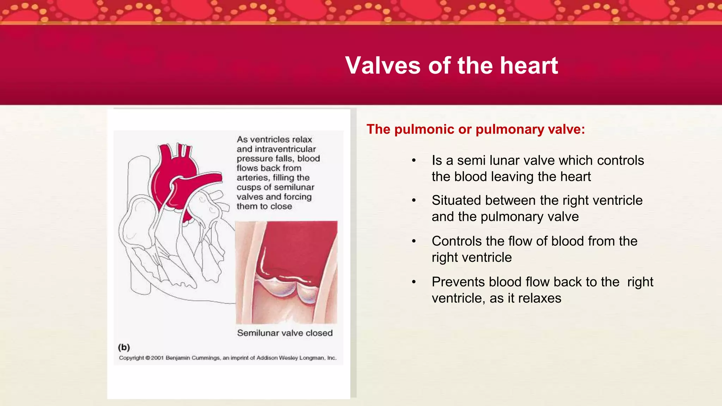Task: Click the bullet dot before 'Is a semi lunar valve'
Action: point(414,161)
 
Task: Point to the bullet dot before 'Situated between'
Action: point(414,201)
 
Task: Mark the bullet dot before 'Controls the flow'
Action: point(414,241)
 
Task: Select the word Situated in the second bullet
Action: point(457,200)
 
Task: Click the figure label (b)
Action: point(124,347)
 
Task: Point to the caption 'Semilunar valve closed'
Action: point(285,333)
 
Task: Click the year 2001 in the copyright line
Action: point(157,358)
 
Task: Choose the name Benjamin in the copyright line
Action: point(178,358)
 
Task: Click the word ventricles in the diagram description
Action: point(270,140)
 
